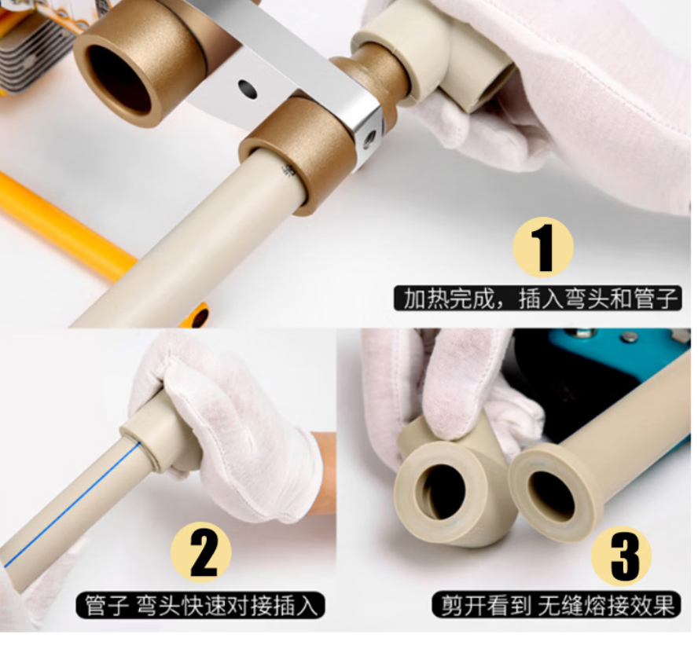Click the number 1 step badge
542,247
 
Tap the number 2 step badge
201,552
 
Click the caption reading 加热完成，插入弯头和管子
538,299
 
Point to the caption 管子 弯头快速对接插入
200,605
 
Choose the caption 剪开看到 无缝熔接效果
557,604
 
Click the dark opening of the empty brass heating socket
119,78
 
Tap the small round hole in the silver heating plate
247,90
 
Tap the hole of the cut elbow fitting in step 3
443,492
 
